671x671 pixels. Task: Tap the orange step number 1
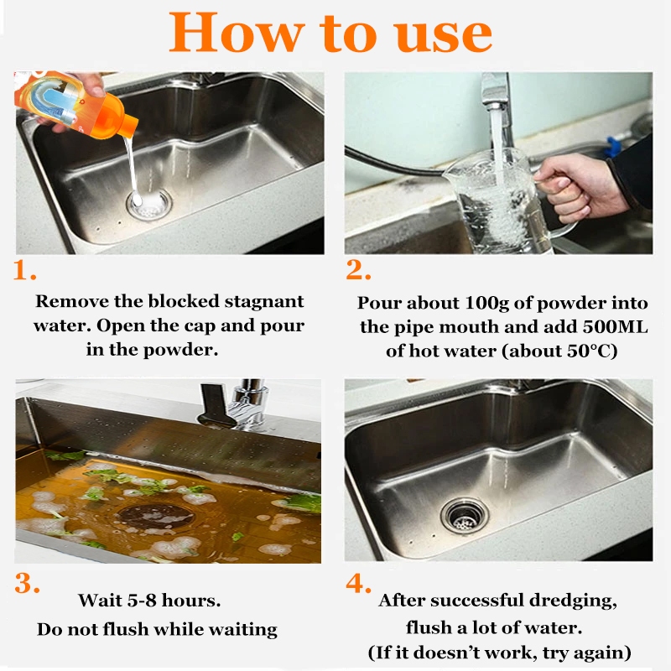[24, 270]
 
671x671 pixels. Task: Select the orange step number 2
[358, 269]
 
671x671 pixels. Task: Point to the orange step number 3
[27, 582]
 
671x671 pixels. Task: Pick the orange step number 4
[359, 582]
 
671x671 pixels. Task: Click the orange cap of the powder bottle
[123, 120]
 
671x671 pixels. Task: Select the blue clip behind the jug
[614, 146]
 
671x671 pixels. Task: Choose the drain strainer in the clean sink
[465, 516]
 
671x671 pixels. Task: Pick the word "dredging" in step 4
[573, 601]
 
